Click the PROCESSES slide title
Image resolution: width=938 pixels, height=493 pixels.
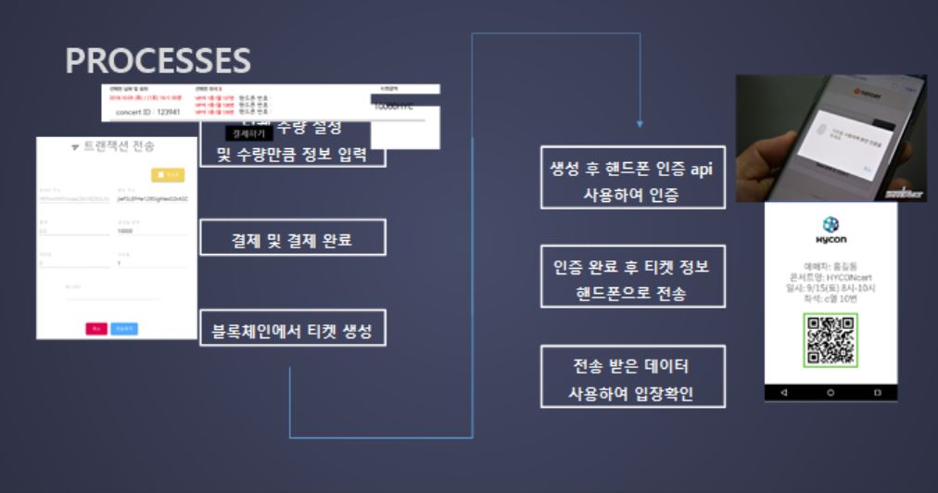[x=158, y=61]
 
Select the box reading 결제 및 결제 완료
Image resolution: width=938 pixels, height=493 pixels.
[x=292, y=240]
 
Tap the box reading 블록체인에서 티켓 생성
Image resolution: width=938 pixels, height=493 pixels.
[x=292, y=330]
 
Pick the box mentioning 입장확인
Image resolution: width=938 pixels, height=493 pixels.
[x=633, y=378]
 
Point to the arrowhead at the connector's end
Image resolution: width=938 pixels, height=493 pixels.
[x=640, y=122]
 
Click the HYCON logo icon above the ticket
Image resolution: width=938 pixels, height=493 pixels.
[x=830, y=224]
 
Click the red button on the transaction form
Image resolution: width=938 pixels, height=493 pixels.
[x=95, y=328]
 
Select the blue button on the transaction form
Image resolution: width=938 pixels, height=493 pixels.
[x=124, y=328]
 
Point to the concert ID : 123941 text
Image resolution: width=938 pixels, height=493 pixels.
[x=148, y=112]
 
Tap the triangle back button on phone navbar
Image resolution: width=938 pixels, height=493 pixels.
[x=785, y=393]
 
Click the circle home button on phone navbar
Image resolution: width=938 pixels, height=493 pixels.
[x=830, y=393]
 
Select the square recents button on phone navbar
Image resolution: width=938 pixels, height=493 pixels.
[x=877, y=393]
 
